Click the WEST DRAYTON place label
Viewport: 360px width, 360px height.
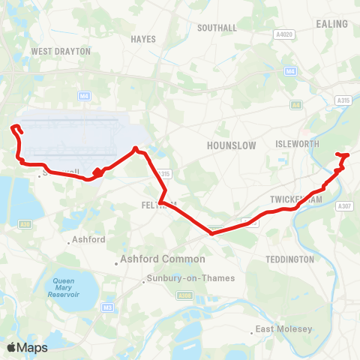(x=61, y=52)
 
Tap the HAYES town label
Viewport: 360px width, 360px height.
(x=142, y=39)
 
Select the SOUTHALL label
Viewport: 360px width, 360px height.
(x=217, y=28)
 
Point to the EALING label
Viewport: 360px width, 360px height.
(x=332, y=24)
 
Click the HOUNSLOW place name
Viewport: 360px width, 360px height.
(x=232, y=145)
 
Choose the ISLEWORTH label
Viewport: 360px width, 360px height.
(x=298, y=143)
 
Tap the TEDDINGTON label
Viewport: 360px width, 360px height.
(x=289, y=259)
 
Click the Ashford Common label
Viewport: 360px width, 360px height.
(x=162, y=259)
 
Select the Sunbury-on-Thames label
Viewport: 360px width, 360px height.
(x=189, y=278)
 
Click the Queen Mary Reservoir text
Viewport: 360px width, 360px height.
(x=66, y=288)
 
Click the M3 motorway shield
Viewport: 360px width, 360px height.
(x=109, y=307)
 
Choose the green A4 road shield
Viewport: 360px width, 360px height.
(x=296, y=104)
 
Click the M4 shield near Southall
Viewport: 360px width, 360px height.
(x=290, y=71)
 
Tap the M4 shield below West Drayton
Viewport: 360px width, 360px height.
(x=84, y=95)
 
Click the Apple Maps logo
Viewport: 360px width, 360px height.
(x=27, y=347)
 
